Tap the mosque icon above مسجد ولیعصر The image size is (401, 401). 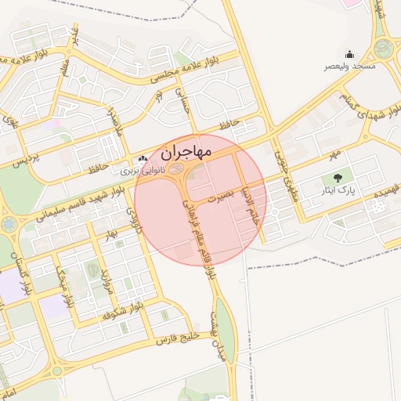(x=349, y=54)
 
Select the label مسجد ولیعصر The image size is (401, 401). (x=350, y=67)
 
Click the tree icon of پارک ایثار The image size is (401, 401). (x=338, y=178)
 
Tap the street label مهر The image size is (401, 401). (x=336, y=148)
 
